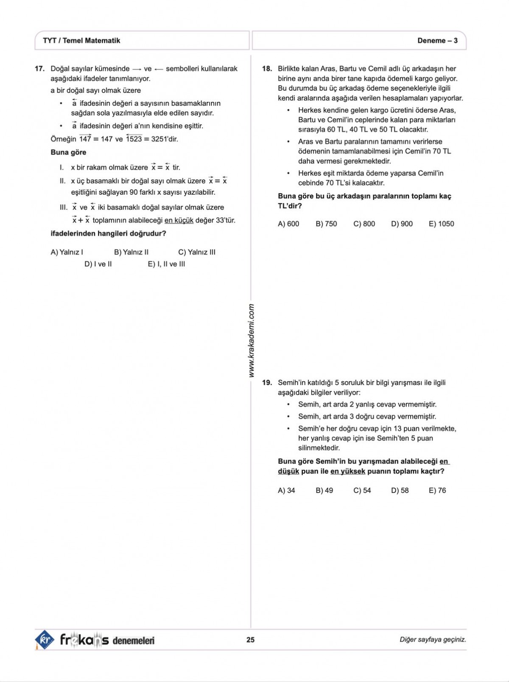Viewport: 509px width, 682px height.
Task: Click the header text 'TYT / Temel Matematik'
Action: pos(81,41)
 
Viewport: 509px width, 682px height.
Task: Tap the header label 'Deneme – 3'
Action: pos(437,41)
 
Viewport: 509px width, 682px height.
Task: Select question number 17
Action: pos(39,69)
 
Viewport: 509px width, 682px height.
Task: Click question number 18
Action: pos(267,69)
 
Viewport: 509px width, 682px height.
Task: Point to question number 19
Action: pos(267,382)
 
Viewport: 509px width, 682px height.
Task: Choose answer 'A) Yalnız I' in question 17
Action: pos(67,252)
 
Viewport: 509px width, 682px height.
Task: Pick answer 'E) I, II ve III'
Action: pos(166,264)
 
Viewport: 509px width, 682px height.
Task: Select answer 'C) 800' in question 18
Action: pos(364,224)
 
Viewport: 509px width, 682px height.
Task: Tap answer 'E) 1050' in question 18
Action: pos(441,224)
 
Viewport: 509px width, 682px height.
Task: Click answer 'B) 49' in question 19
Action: pos(324,490)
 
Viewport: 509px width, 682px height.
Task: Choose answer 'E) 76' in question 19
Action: pos(437,490)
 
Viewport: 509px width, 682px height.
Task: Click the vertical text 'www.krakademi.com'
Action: pos(252,340)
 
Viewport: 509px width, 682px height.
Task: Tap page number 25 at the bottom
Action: pos(250,640)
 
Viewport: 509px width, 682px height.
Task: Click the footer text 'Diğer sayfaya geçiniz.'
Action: pos(433,640)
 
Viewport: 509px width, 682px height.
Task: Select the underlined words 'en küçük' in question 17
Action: pos(179,220)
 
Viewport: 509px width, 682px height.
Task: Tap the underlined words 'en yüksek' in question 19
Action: pos(347,471)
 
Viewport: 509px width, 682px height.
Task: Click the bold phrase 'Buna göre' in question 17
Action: pos(68,152)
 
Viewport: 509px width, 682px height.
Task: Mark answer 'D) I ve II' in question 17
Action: pos(98,264)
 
